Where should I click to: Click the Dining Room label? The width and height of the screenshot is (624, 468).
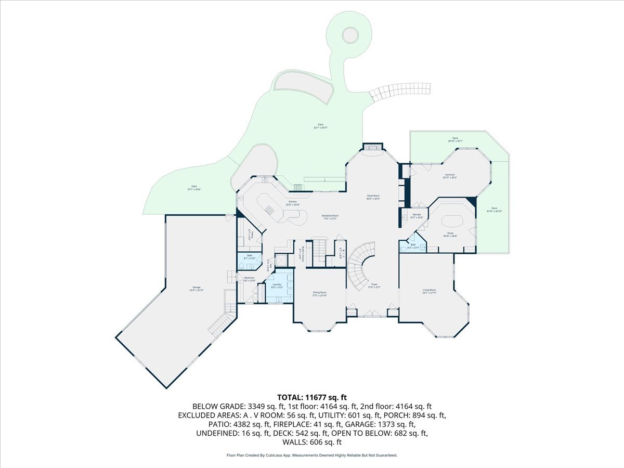(x=320, y=293)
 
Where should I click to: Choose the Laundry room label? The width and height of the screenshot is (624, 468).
(x=277, y=285)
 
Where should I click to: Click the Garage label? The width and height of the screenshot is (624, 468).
(x=196, y=288)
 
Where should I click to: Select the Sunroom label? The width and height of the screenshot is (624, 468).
(x=450, y=176)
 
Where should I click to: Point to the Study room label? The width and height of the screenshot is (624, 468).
(x=450, y=235)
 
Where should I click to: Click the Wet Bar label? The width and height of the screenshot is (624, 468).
(x=417, y=215)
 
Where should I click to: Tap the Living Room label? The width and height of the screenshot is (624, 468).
(x=429, y=291)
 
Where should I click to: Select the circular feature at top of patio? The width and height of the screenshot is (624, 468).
(x=350, y=35)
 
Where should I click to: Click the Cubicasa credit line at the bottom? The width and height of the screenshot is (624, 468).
(x=312, y=455)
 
